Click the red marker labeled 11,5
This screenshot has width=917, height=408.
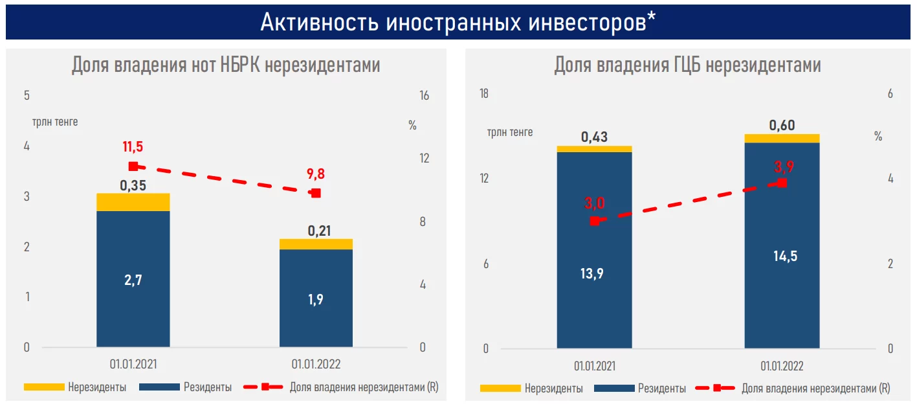pos(133,166)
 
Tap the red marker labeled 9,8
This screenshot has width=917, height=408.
pos(316,193)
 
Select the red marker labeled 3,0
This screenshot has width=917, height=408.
pos(595,221)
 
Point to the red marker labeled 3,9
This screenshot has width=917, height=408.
pos(782,183)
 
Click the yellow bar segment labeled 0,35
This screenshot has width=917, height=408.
pos(133,202)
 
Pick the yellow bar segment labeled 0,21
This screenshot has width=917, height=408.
pos(316,244)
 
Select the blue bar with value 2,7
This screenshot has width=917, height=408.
pos(133,278)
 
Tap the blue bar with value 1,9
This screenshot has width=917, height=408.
pos(316,298)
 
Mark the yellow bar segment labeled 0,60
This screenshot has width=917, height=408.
pos(782,139)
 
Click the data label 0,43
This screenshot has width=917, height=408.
pos(594,137)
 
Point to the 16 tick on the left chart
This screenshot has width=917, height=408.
pos(425,96)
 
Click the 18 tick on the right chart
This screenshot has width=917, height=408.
pos(483,94)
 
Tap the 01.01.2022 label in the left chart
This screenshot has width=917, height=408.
pos(316,365)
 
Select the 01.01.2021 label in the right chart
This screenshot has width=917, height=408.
pos(595,366)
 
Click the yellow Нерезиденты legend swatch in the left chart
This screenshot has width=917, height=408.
pos(44,387)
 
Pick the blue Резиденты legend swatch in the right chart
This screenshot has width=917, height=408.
pos(613,389)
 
